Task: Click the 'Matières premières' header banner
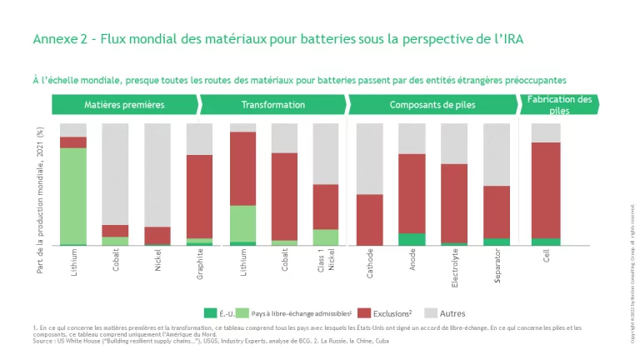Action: (x=124, y=105)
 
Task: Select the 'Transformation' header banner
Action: (x=272, y=105)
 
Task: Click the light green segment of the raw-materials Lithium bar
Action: (x=73, y=196)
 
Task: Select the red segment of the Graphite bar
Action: (x=199, y=197)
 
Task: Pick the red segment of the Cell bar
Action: (x=546, y=190)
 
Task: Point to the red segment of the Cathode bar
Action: (x=369, y=220)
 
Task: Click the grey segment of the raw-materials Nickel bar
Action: (x=157, y=175)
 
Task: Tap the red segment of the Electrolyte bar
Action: (x=454, y=203)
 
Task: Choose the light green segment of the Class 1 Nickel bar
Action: (x=327, y=237)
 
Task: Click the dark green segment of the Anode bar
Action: (x=412, y=239)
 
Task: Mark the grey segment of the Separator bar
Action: (x=497, y=154)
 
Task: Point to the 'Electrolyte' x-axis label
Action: (x=454, y=268)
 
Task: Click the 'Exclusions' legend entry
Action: (x=392, y=313)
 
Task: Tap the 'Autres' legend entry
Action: (x=452, y=313)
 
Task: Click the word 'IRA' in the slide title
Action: (x=509, y=39)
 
